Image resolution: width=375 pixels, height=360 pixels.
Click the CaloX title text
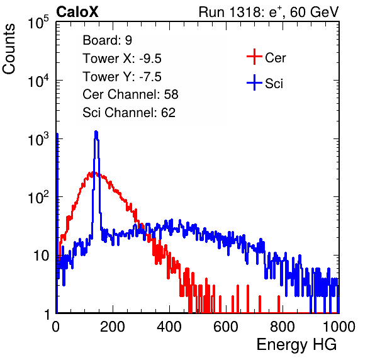click(x=77, y=12)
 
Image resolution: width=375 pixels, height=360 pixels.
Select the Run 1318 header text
click(x=269, y=12)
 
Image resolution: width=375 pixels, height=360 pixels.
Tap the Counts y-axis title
click(x=9, y=49)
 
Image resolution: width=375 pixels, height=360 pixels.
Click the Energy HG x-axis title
click(x=296, y=344)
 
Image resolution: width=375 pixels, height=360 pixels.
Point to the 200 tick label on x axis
click(x=113, y=327)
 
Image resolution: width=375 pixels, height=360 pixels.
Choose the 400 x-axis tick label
click(x=169, y=327)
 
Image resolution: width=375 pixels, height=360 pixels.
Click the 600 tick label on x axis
click(x=226, y=327)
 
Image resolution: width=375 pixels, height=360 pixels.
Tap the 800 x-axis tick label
click(x=283, y=327)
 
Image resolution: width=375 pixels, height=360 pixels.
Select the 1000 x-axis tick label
click(x=339, y=327)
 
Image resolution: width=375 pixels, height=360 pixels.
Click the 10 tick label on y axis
click(x=41, y=256)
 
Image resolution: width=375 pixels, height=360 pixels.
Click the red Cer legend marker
click(x=254, y=57)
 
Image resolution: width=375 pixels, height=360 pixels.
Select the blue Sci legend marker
click(x=254, y=83)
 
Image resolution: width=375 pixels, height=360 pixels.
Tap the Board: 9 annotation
click(x=107, y=40)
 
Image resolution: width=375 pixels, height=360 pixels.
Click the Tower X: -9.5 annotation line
click(x=122, y=59)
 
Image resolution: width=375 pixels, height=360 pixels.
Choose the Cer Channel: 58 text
click(x=130, y=94)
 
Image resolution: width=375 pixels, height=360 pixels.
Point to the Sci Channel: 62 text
click(x=129, y=113)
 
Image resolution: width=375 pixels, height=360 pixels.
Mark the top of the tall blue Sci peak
click(x=96, y=132)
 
